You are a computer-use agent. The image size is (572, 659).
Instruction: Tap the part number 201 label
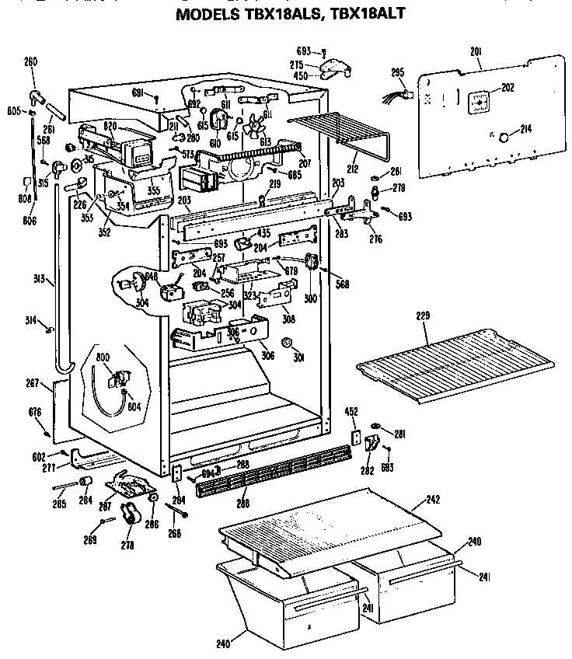pyautogui.click(x=476, y=51)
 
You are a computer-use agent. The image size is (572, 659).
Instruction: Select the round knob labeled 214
pyautogui.click(x=503, y=138)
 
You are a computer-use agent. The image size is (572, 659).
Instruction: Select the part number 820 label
pyautogui.click(x=109, y=125)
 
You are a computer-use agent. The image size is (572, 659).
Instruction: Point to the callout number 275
pyautogui.click(x=295, y=65)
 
